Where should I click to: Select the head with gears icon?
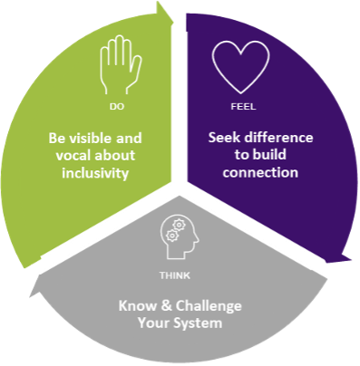coord(178,236)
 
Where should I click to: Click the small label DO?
coord(117,108)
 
